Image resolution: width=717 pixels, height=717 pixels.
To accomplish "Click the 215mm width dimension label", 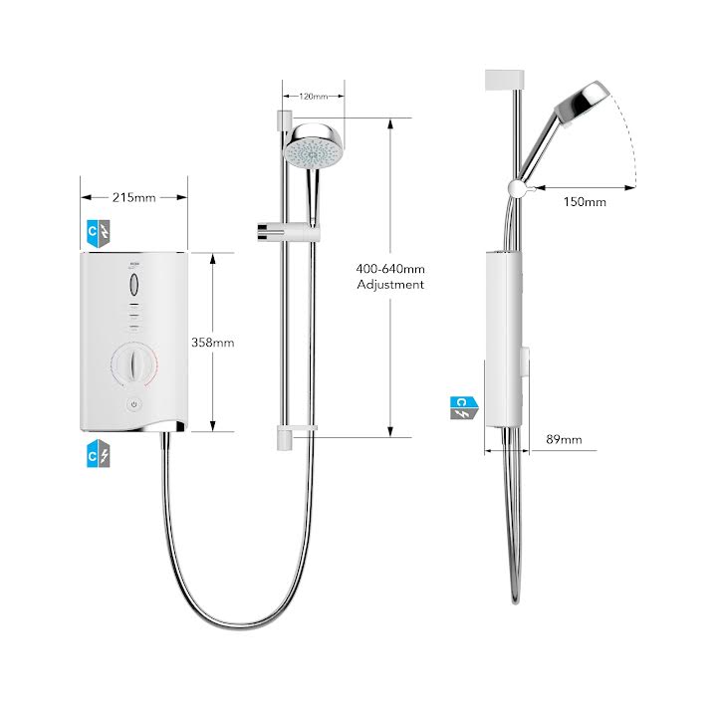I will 134,197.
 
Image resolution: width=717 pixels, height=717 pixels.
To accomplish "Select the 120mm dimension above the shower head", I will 313,97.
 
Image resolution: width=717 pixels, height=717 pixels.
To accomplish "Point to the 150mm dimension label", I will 585,202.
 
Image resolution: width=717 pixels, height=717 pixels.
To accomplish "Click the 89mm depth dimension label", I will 564,438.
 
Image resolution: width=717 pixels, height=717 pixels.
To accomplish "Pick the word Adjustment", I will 390,285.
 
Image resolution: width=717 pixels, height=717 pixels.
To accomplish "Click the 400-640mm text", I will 390,268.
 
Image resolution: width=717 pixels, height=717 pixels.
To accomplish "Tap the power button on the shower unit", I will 135,404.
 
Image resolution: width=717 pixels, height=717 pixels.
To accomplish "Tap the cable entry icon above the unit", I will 100,232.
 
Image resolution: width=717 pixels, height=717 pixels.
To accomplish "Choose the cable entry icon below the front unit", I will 100,455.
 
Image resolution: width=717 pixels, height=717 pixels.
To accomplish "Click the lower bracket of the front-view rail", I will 294,432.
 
